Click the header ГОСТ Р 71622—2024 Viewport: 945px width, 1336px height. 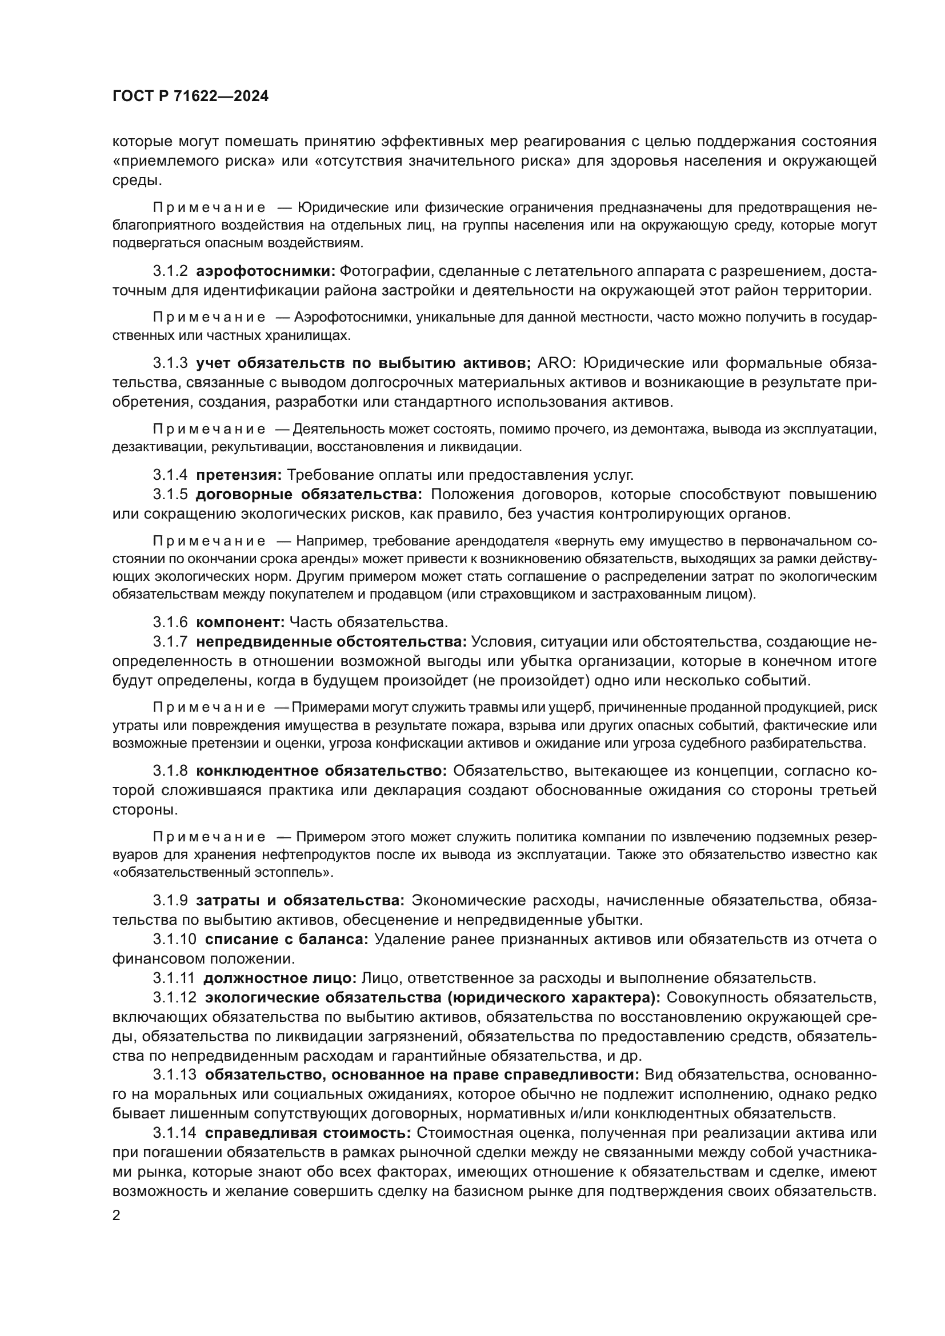pos(190,97)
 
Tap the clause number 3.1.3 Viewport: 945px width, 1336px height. pos(170,363)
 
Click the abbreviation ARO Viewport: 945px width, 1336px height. pos(556,363)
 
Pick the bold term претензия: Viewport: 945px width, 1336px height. pos(239,475)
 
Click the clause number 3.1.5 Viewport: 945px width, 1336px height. pos(170,494)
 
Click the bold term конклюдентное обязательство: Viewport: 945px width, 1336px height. pos(321,771)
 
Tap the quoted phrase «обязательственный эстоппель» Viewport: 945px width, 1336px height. pos(223,873)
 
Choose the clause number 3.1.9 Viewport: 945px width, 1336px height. pos(170,901)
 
